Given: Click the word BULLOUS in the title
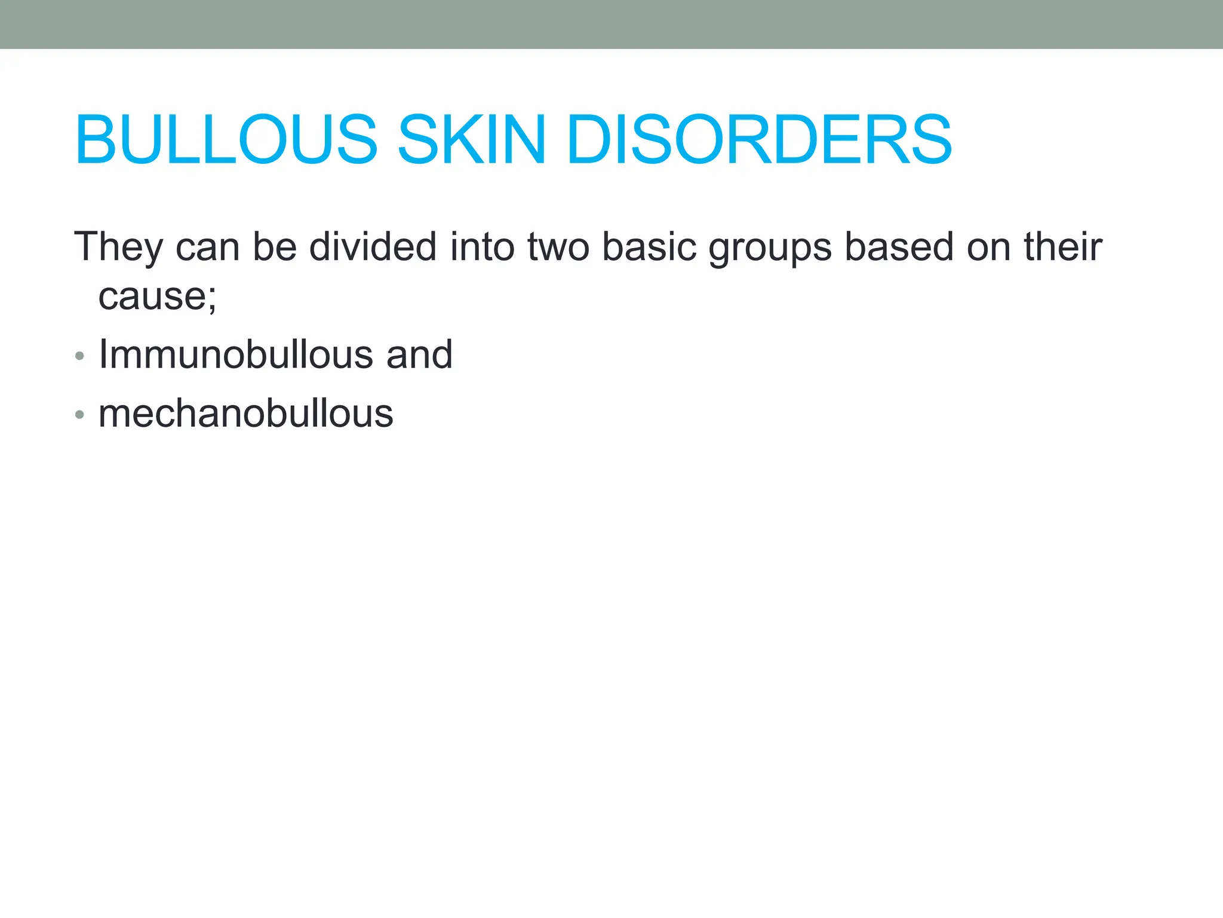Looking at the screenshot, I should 226,140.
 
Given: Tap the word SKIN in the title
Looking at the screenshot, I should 471,140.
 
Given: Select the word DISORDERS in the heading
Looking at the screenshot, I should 759,140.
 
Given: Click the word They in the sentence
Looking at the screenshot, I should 118,247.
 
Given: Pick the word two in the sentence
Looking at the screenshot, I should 558,247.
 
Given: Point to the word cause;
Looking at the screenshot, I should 157,296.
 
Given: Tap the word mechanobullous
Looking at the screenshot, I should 245,414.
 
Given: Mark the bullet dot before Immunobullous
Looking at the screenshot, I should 80,357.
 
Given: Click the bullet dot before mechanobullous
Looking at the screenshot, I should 80,415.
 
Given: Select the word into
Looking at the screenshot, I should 482,247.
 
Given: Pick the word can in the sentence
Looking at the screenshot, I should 207,247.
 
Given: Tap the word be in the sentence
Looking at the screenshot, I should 275,247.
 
